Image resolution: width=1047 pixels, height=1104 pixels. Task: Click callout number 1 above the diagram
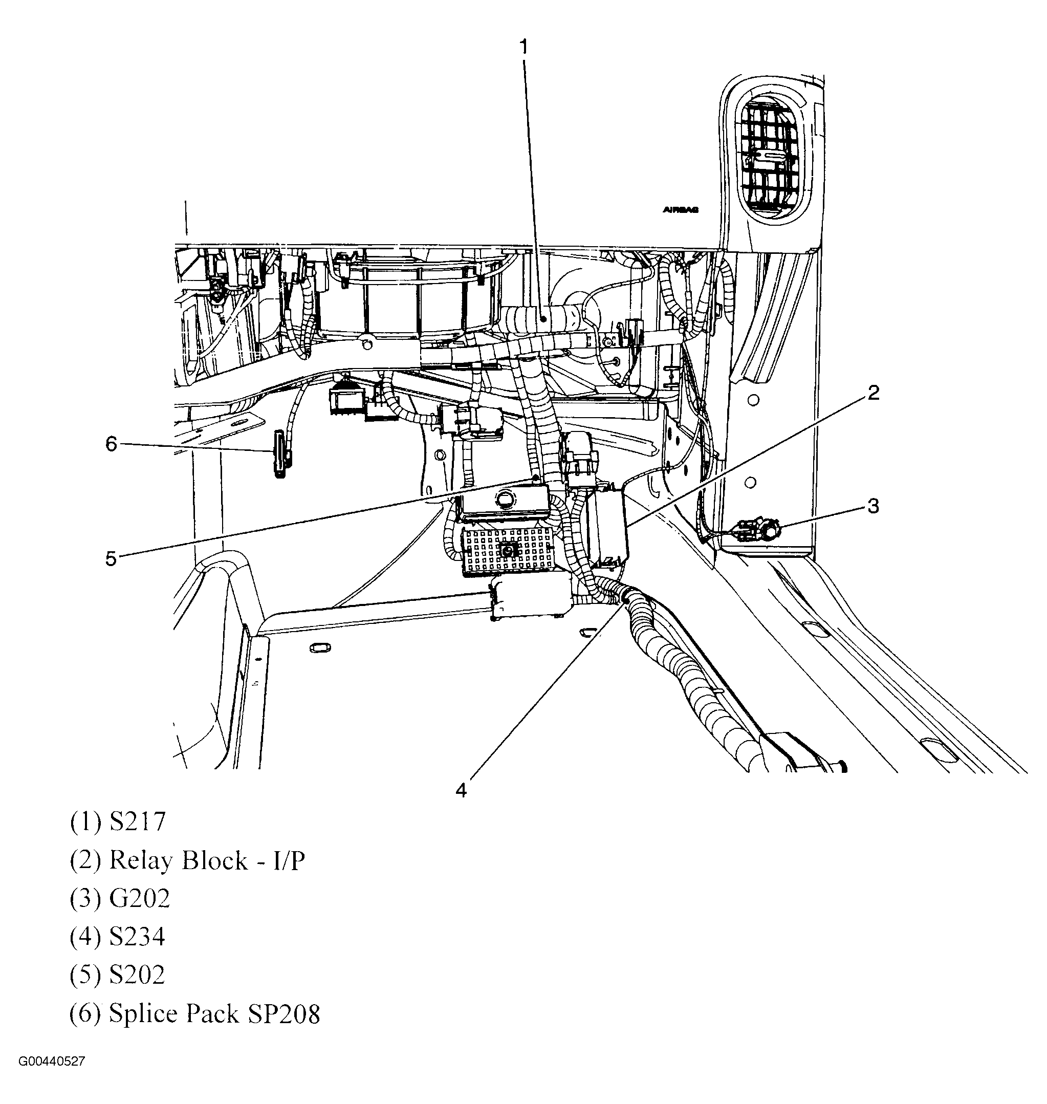pyautogui.click(x=523, y=48)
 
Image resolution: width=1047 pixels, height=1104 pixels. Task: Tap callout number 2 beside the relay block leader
pyautogui.click(x=874, y=393)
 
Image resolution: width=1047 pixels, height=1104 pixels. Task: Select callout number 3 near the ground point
pyautogui.click(x=873, y=506)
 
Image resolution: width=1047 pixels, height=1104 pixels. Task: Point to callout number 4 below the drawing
pyautogui.click(x=461, y=790)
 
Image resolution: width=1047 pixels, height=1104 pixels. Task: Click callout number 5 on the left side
pyautogui.click(x=111, y=558)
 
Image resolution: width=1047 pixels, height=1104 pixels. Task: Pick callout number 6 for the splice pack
pyautogui.click(x=111, y=444)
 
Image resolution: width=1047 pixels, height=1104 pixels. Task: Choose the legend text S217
pyautogui.click(x=137, y=822)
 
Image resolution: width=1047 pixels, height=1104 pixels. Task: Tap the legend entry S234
pyautogui.click(x=137, y=937)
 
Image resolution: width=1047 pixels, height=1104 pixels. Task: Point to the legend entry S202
pyautogui.click(x=137, y=975)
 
